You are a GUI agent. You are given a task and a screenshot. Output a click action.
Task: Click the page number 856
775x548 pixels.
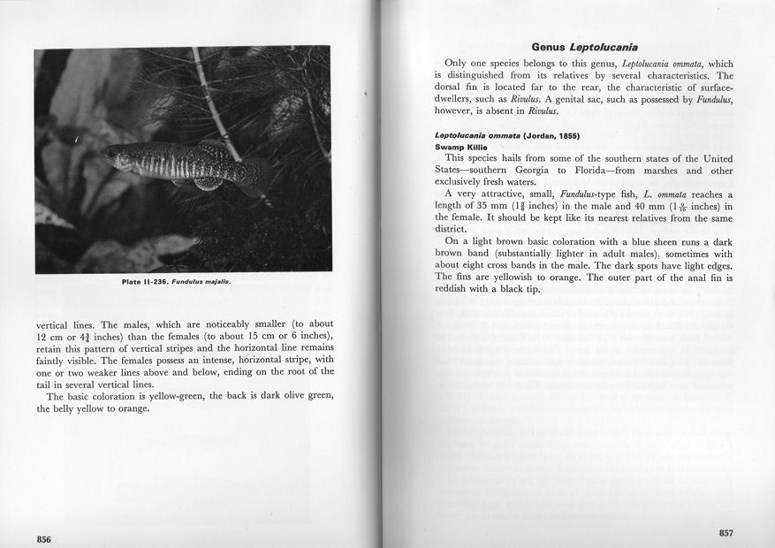(x=43, y=537)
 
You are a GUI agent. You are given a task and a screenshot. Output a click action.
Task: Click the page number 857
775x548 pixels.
(x=726, y=532)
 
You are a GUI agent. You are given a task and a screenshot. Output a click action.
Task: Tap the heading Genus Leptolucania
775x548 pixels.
(x=584, y=46)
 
